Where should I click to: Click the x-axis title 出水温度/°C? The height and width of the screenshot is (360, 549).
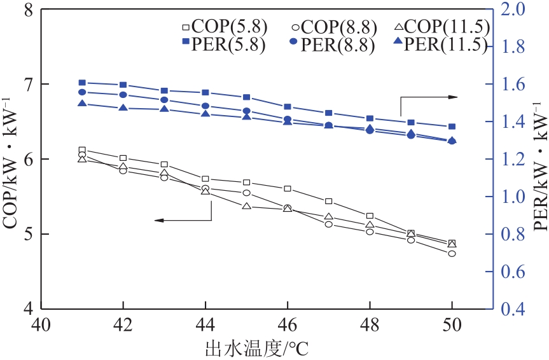point(257,348)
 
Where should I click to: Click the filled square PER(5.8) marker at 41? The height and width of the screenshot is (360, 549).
point(82,83)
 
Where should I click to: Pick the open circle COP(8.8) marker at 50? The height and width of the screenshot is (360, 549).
point(452,253)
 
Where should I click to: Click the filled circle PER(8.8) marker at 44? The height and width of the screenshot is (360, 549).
point(205,106)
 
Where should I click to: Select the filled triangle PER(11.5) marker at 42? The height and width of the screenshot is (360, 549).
point(123,108)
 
